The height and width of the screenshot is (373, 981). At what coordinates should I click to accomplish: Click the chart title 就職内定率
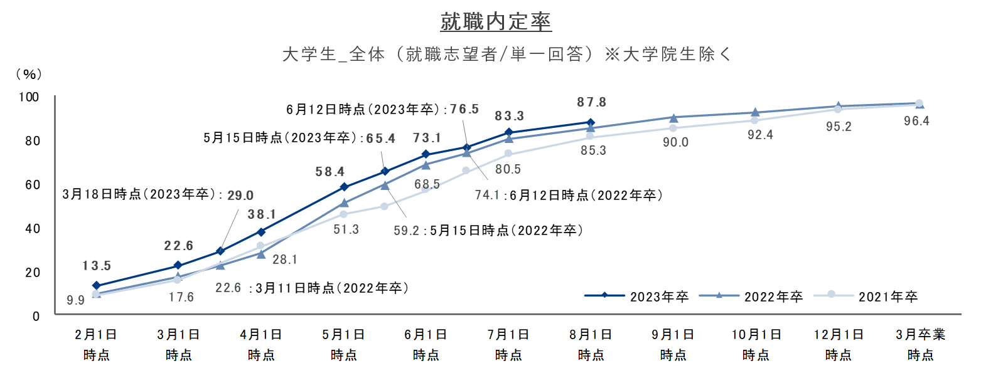496,21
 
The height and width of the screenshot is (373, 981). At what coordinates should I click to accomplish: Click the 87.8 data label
592,102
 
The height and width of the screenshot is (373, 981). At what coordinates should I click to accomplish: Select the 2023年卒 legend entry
636,297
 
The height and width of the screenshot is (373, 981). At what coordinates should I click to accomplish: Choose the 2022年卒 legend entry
751,297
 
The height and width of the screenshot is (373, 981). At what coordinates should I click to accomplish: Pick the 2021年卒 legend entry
865,297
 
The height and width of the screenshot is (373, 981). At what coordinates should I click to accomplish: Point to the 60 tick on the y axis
33,185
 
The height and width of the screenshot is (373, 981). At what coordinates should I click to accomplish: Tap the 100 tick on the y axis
29,97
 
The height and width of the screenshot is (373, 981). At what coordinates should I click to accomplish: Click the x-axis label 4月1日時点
261,345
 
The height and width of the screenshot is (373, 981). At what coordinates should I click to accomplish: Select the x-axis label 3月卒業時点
921,345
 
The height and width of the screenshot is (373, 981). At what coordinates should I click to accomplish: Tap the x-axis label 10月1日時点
756,345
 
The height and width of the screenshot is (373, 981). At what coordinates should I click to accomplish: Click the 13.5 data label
97,266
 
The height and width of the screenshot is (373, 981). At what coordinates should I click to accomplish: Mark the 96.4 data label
916,121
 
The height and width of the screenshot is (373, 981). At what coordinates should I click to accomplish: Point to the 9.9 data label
75,300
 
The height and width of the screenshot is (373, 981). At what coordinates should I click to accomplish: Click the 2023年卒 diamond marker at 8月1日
591,123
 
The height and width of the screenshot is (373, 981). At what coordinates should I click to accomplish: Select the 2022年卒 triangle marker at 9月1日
673,118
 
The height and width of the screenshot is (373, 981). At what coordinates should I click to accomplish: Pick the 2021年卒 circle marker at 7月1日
508,154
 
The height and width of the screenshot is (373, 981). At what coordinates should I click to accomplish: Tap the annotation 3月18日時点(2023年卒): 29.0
158,194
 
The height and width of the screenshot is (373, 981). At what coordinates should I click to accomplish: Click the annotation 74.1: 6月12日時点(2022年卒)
569,195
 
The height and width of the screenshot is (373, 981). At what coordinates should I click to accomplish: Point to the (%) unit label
29,75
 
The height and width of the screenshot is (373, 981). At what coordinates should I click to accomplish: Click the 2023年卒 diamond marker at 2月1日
97,285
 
